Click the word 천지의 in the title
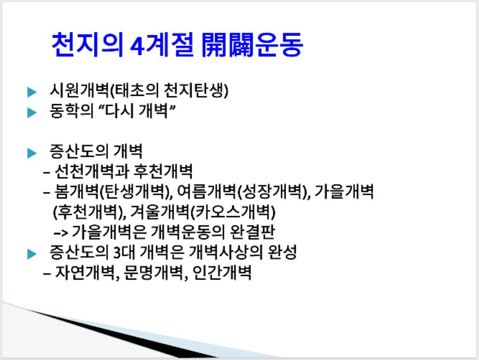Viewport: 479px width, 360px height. coord(87,45)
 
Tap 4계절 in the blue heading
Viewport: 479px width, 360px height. coord(162,45)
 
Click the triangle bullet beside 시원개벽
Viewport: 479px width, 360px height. coord(32,92)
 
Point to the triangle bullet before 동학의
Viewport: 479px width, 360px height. coord(32,113)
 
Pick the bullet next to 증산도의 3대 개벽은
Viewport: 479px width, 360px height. coord(32,254)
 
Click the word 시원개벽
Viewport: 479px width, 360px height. coord(79,90)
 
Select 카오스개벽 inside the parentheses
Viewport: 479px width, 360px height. coord(233,212)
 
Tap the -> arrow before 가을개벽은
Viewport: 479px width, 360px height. coord(60,233)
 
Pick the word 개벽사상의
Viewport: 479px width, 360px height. coord(226,252)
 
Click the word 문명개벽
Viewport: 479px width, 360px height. coord(152,273)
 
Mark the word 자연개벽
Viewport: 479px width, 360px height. coord(83,273)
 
